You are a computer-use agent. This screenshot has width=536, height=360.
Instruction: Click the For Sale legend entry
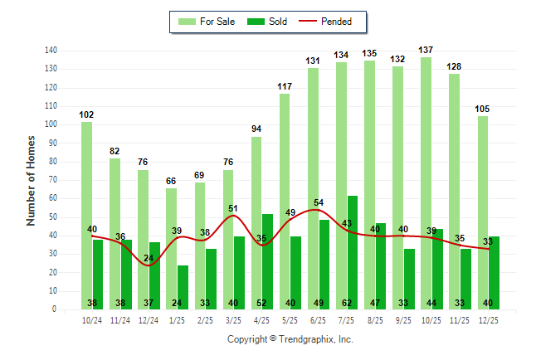pyautogui.click(x=209, y=21)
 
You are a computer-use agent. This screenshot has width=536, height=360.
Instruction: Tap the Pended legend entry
pyautogui.click(x=328, y=21)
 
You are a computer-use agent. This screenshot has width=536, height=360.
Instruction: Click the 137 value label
pyautogui.click(x=426, y=51)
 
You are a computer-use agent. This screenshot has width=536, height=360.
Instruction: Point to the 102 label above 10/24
pyautogui.click(x=87, y=115)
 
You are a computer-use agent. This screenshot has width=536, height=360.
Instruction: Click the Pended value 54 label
pyautogui.click(x=318, y=202)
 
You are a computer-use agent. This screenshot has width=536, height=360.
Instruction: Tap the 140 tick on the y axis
pyautogui.click(x=51, y=51)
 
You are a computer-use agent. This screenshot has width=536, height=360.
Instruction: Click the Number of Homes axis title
pyautogui.click(x=31, y=180)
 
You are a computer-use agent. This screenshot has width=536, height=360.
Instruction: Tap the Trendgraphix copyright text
pyautogui.click(x=290, y=339)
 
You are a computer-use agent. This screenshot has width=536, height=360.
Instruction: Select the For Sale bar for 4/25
pyautogui.click(x=256, y=224)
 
